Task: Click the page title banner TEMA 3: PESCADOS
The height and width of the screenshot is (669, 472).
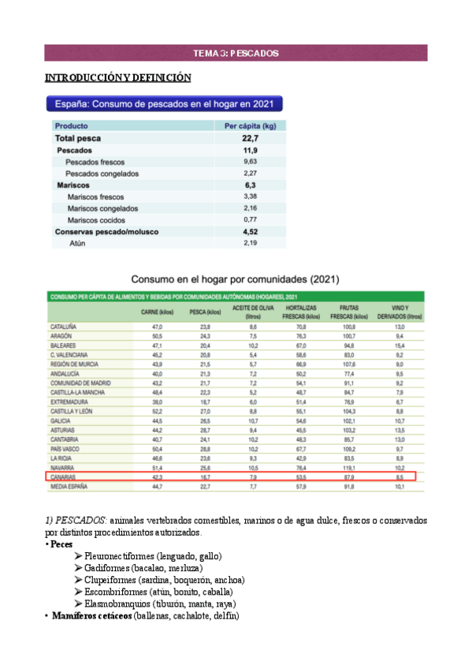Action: point(236,54)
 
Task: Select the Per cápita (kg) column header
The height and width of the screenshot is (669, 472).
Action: point(250,125)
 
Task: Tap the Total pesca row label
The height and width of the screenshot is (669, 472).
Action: point(77,137)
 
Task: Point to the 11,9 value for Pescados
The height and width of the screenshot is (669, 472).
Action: point(251,149)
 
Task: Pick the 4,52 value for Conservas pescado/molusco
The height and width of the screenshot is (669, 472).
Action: point(251,232)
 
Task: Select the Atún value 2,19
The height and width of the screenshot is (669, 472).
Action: point(251,244)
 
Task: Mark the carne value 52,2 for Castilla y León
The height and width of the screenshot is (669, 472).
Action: point(157,411)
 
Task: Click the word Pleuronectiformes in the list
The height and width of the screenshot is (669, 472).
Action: point(119,556)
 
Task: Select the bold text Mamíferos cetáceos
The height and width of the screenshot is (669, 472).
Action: point(91,615)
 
